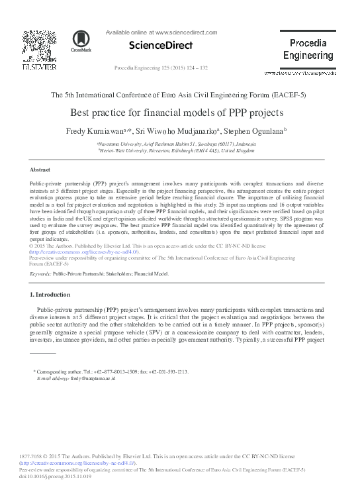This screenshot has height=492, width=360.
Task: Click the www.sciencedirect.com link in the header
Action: coord(187,31)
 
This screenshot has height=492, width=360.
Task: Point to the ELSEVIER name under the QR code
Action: coord(34,67)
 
